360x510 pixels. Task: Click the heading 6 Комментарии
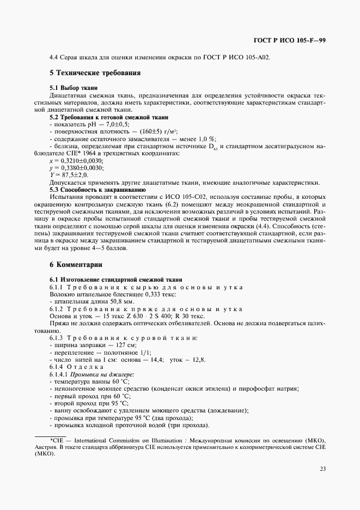[x=76, y=265]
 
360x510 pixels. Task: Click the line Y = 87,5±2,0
[x=68, y=175]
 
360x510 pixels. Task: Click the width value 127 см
[x=126, y=345]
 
